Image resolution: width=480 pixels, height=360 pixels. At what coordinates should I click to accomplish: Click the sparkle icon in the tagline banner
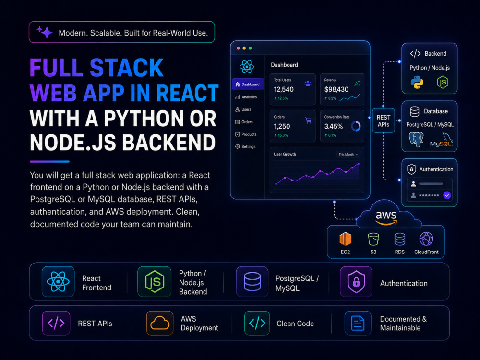tap(45, 32)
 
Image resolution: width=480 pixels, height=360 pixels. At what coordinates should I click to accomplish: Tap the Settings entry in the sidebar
tap(245, 146)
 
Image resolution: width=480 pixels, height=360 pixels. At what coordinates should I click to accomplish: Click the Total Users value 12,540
tap(284, 89)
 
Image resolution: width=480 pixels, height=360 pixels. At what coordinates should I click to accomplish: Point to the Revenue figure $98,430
tap(336, 89)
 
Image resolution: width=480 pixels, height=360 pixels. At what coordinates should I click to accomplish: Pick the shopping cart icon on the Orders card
tap(308, 120)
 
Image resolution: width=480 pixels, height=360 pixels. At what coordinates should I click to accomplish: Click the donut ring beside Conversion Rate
tap(356, 126)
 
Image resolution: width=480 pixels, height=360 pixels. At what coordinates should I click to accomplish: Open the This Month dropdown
tap(348, 154)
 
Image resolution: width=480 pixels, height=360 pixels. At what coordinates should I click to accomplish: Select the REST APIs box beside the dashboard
tap(383, 120)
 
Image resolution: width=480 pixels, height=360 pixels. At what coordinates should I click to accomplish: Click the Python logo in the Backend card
tap(417, 83)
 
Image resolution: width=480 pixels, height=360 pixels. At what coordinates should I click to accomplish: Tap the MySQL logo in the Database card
tap(442, 140)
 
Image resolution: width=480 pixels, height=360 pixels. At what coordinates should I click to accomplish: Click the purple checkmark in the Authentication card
tap(447, 195)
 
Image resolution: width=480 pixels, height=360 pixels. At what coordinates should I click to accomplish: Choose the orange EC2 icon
tap(345, 239)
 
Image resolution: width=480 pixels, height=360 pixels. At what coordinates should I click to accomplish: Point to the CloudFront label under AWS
tap(426, 252)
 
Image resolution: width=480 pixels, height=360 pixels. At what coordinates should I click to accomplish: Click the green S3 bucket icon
tap(373, 239)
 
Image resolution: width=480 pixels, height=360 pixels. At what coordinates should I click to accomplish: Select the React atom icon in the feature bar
tap(58, 282)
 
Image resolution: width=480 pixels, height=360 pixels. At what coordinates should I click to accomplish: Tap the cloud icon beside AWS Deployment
tap(160, 323)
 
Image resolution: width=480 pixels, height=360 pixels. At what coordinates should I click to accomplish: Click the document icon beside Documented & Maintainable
tap(358, 323)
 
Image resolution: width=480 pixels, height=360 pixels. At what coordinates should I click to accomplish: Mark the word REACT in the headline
tap(187, 93)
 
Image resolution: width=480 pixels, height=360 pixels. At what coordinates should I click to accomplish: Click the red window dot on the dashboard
tap(238, 48)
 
